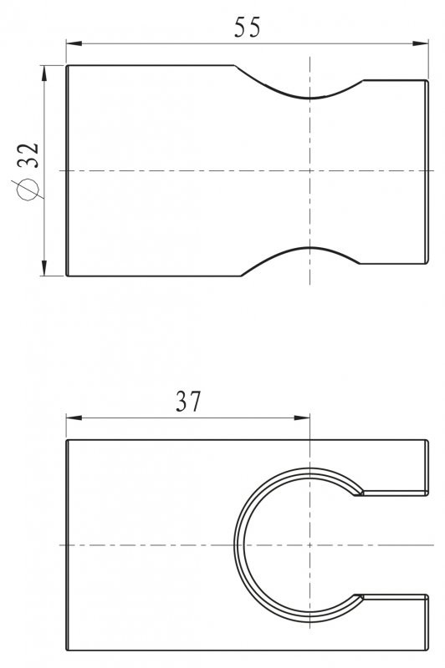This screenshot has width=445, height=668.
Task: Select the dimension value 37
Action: pos(189,402)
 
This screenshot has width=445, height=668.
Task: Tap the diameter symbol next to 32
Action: pos(28,190)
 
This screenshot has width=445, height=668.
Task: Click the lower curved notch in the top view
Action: pos(309,250)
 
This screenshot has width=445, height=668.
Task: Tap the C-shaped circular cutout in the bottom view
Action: pos(238,544)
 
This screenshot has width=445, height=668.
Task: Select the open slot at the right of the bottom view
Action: pos(393,544)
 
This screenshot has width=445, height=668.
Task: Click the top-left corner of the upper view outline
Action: pos(67,65)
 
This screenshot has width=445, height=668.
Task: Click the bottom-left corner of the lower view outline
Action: pos(67,650)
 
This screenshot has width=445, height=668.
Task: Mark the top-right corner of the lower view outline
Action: pos(427,440)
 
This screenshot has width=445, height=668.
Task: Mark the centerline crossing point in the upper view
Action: pos(309,170)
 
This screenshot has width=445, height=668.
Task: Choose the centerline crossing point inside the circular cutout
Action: pos(309,544)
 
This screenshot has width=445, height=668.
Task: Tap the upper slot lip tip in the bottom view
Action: pos(358,494)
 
